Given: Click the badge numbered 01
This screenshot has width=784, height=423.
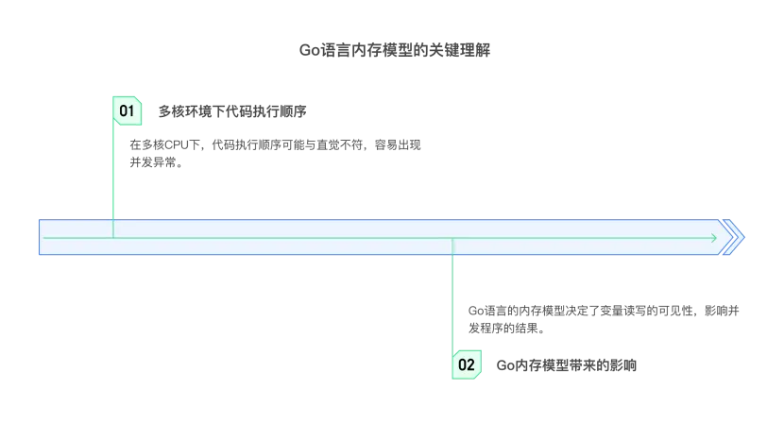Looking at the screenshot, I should click(x=128, y=111).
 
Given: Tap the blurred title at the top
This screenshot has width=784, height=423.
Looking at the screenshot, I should click(x=393, y=49).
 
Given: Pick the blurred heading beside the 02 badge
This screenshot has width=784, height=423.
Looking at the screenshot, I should click(x=567, y=364).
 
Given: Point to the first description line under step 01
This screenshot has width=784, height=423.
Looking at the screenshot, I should click(x=275, y=144).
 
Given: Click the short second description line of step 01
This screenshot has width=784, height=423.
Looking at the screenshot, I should click(x=154, y=163).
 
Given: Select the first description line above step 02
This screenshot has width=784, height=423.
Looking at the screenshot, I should click(x=605, y=310).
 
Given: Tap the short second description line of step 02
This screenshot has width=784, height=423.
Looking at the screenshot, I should click(x=506, y=329).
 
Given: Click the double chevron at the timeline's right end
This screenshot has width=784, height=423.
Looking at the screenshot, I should click(x=732, y=238).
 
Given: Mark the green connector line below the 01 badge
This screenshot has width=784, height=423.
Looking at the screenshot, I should click(x=113, y=175).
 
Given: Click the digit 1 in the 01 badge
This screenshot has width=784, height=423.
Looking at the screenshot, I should click(x=132, y=111).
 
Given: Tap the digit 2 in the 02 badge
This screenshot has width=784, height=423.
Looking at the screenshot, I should click(x=470, y=364).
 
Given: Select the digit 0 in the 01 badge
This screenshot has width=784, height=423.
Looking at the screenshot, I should click(x=123, y=111).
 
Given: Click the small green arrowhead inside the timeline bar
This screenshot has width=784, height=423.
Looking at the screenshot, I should click(x=714, y=238).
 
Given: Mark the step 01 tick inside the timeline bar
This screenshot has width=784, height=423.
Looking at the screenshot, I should click(x=113, y=229).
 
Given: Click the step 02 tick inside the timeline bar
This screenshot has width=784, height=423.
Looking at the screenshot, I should click(x=452, y=246).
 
